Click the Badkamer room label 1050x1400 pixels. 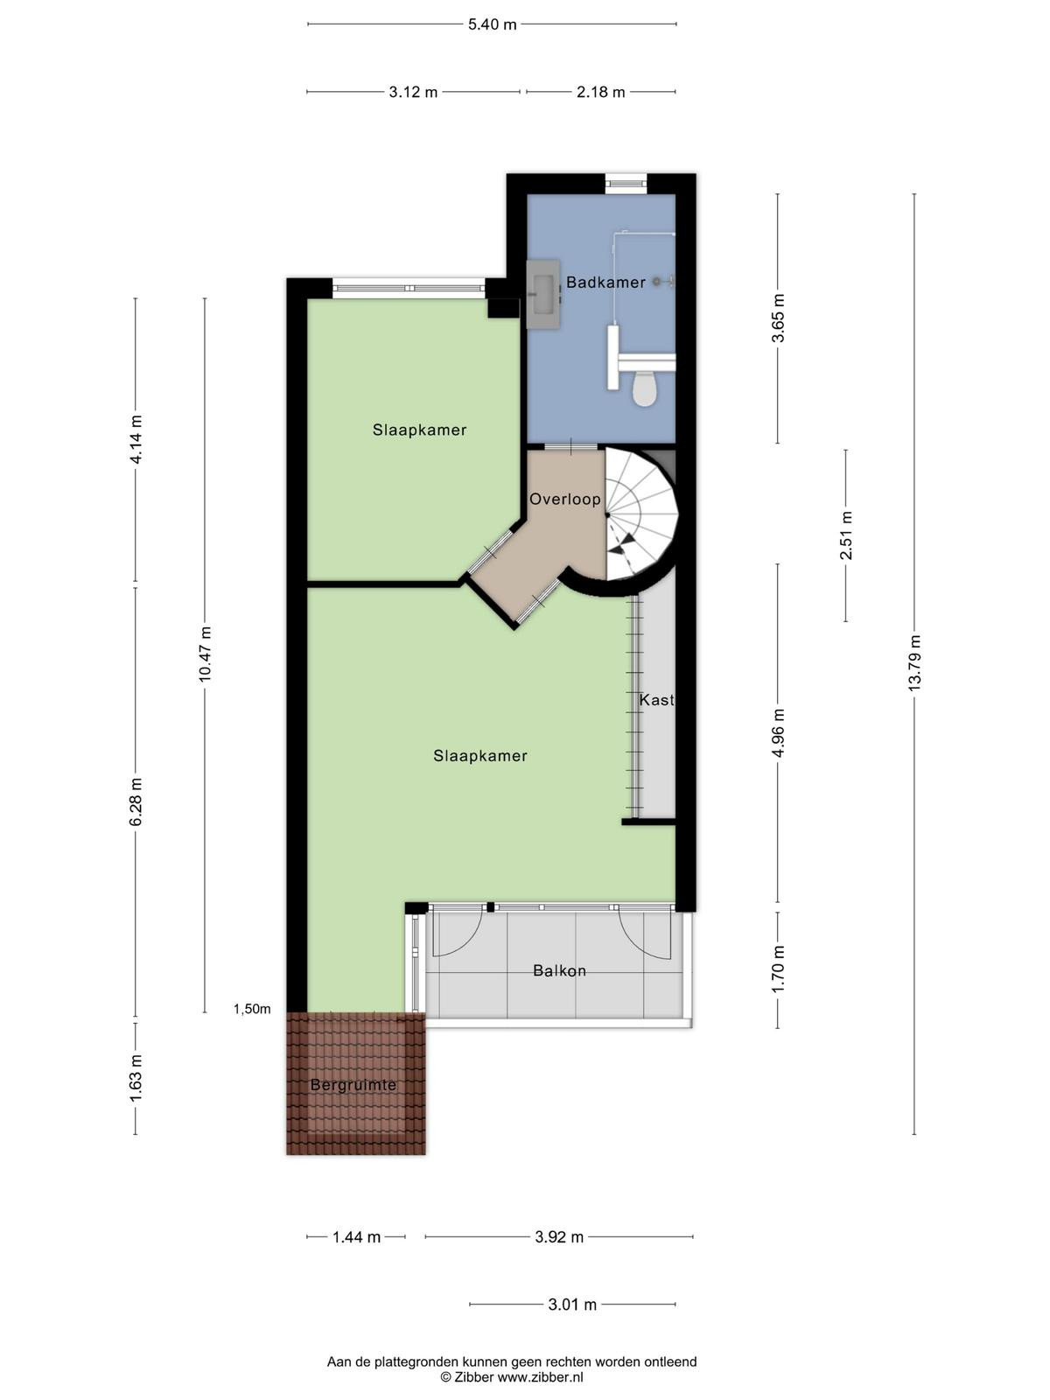[605, 282]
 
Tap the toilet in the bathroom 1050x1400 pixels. [645, 388]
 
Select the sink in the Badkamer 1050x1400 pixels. [543, 294]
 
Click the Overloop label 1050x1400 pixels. [565, 499]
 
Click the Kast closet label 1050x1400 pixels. [656, 700]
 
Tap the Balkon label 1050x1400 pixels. [559, 970]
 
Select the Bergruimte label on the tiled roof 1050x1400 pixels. [353, 1085]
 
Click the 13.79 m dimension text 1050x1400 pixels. [914, 662]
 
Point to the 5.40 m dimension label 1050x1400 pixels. [492, 24]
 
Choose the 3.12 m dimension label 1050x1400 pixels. [413, 92]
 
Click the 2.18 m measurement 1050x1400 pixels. [600, 92]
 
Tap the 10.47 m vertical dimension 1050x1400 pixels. [205, 654]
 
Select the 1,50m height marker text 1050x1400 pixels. [252, 1009]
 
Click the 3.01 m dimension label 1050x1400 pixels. [572, 1305]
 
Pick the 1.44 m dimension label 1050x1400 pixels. [356, 1236]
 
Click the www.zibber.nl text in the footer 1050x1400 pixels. [540, 1377]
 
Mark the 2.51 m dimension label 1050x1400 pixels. [846, 535]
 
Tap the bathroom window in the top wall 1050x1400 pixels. [626, 183]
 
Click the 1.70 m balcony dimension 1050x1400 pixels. [778, 969]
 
